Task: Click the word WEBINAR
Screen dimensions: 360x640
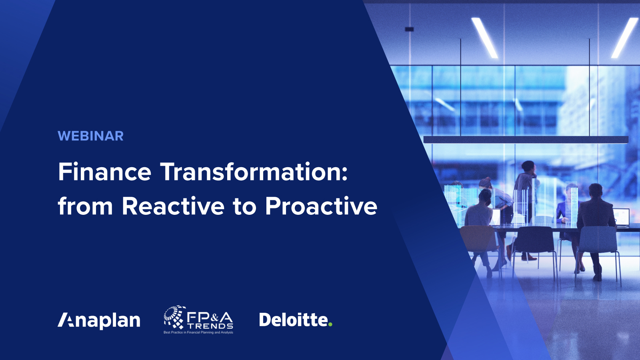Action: click(x=90, y=136)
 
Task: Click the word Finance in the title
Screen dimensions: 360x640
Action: click(x=104, y=172)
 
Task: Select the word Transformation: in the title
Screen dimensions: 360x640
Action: click(x=254, y=172)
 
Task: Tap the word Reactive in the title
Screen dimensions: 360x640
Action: click(x=173, y=206)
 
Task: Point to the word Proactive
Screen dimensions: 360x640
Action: click(x=321, y=206)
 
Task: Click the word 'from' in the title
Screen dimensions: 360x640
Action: click(x=85, y=206)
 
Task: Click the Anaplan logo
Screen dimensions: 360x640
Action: click(x=99, y=320)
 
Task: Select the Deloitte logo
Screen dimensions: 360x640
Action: click(x=293, y=320)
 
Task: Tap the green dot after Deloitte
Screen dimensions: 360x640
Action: click(x=330, y=324)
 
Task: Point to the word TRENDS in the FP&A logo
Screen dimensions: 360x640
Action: click(x=211, y=326)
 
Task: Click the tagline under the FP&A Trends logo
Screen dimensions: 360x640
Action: click(x=198, y=332)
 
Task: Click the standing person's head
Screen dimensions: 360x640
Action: click(x=528, y=166)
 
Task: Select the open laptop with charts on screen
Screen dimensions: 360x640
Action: click(x=621, y=217)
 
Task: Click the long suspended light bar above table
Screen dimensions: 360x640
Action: click(x=526, y=140)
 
